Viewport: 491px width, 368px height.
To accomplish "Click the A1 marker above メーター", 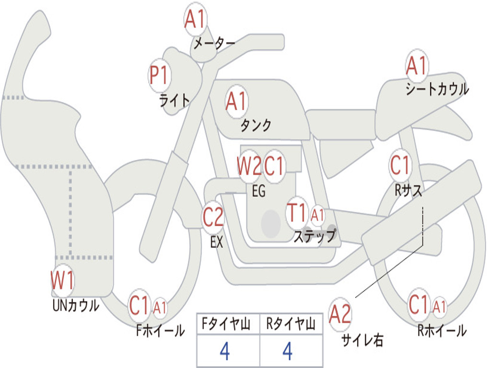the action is [x=196, y=19].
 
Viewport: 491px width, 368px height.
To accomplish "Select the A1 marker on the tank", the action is [x=237, y=102].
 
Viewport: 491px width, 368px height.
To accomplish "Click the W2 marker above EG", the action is [x=249, y=165].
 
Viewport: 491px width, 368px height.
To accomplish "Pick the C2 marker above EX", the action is [x=213, y=217].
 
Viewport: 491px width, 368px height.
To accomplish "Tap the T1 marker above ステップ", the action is [x=297, y=213].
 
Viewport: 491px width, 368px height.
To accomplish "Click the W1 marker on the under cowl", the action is [x=63, y=280].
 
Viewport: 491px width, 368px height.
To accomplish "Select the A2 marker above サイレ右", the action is [x=340, y=314].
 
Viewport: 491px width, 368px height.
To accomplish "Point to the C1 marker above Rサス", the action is [x=400, y=165].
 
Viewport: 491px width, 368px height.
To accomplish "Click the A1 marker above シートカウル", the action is [x=417, y=66].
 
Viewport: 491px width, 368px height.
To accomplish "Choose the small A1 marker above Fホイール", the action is [x=160, y=307].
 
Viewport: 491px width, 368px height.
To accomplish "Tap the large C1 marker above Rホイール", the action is [x=419, y=304].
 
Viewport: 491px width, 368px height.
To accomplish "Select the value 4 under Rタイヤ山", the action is [x=288, y=351].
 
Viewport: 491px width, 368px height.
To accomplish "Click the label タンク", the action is [x=256, y=125].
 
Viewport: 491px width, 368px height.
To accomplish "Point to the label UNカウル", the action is [x=76, y=305].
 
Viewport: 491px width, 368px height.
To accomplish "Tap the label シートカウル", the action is [x=437, y=89].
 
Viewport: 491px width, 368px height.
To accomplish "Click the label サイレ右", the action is [x=362, y=340].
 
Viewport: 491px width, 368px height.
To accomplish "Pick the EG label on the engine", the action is [x=258, y=191].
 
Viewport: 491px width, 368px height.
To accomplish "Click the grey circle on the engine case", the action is [x=270, y=224].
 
